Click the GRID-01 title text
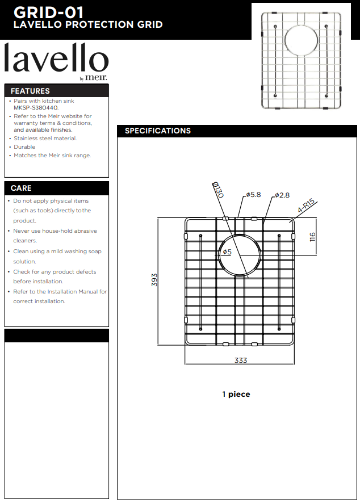[x=48, y=11]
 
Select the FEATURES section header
[x=30, y=91]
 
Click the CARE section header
[x=21, y=188]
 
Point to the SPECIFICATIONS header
[x=158, y=131]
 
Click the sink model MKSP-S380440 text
[x=36, y=107]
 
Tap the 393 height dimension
[x=154, y=280]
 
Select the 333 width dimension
[x=241, y=361]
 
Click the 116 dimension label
[x=312, y=237]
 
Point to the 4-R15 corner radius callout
[x=306, y=206]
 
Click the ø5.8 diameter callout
[x=253, y=195]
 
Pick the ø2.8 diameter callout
[x=282, y=195]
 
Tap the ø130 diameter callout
[x=218, y=189]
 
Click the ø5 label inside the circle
[x=227, y=251]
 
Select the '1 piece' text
[x=236, y=394]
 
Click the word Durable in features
[x=24, y=146]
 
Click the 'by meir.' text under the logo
[x=93, y=78]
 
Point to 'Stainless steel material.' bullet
[x=45, y=138]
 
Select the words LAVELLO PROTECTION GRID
[x=88, y=25]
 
